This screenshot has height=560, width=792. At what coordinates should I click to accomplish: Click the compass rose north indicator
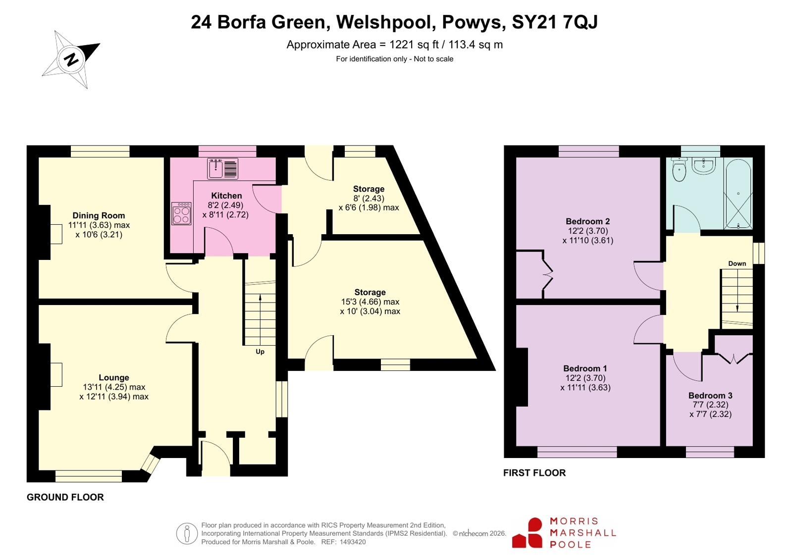71,59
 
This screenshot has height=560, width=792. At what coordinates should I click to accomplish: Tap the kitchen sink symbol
222,169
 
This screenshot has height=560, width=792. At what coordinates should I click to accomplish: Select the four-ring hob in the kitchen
181,213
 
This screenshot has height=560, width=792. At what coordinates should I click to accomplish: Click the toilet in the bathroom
679,169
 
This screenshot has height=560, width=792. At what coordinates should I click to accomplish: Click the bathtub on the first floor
738,193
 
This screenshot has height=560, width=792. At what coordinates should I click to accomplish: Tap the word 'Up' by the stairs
260,352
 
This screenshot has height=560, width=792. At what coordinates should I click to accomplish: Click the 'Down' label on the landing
737,263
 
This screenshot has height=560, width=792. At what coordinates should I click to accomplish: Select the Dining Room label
99,215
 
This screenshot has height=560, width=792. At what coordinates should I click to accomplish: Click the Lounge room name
114,378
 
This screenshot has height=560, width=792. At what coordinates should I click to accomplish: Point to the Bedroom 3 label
710,395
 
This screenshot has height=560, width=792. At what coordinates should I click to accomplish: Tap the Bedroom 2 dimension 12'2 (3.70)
588,231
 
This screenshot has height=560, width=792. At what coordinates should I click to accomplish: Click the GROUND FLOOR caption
65,497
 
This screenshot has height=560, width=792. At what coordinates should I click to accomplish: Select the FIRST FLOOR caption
534,473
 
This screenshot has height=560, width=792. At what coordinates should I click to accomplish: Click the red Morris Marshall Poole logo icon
527,533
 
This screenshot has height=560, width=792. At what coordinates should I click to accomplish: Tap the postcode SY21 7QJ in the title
555,22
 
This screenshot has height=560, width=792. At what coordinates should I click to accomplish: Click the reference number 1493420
353,542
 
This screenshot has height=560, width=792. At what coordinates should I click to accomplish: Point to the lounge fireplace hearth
56,375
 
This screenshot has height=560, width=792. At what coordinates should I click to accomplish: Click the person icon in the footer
187,533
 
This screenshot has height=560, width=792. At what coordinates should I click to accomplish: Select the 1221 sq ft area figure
414,45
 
